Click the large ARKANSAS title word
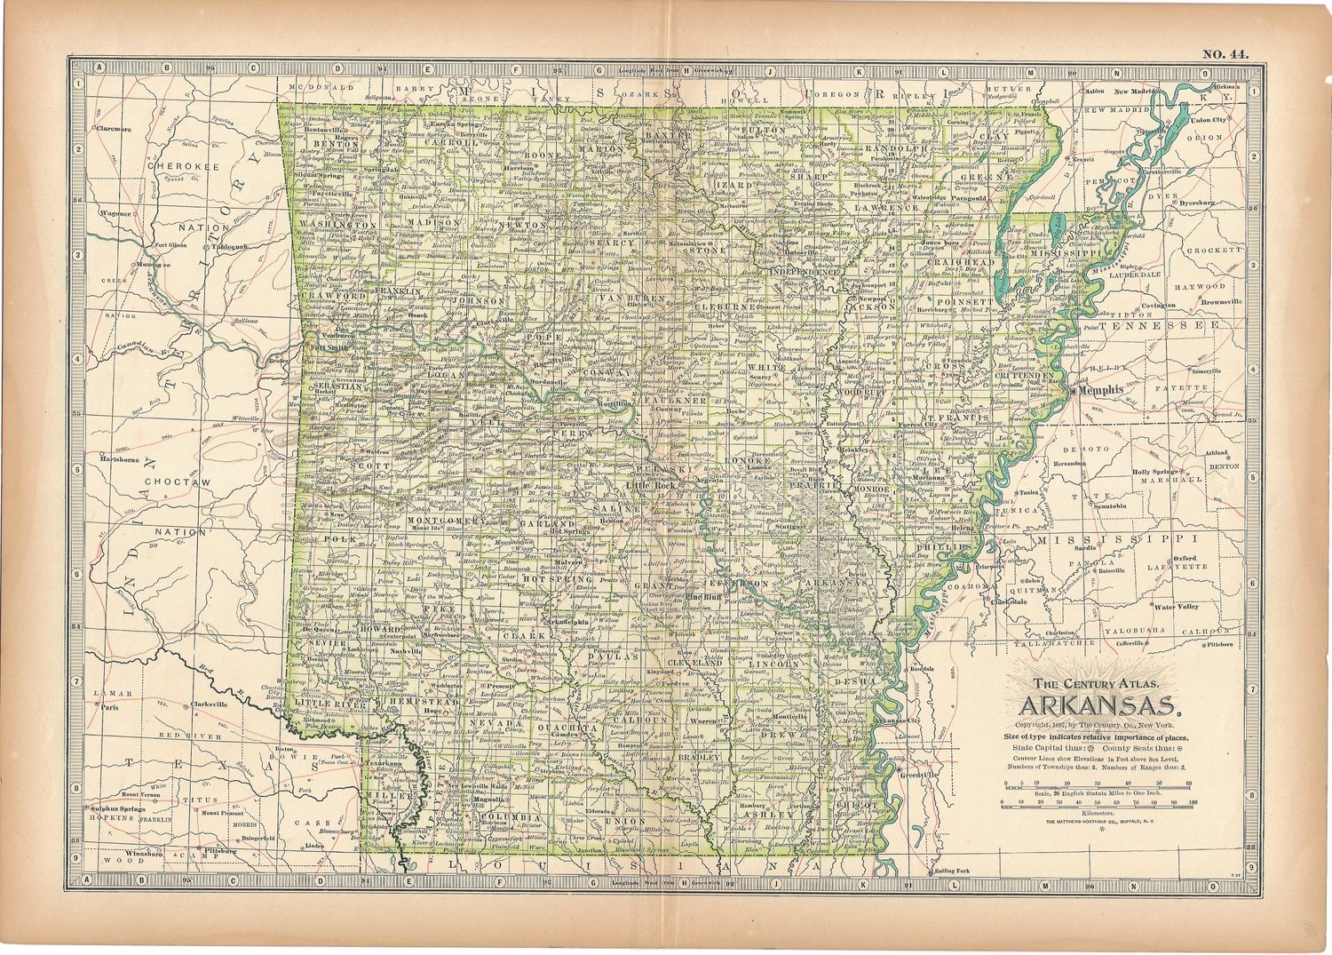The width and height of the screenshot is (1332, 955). (x=1102, y=706)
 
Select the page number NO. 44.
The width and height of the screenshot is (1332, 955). (x=1225, y=53)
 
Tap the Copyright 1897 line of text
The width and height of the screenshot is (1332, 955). (x=1099, y=725)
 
